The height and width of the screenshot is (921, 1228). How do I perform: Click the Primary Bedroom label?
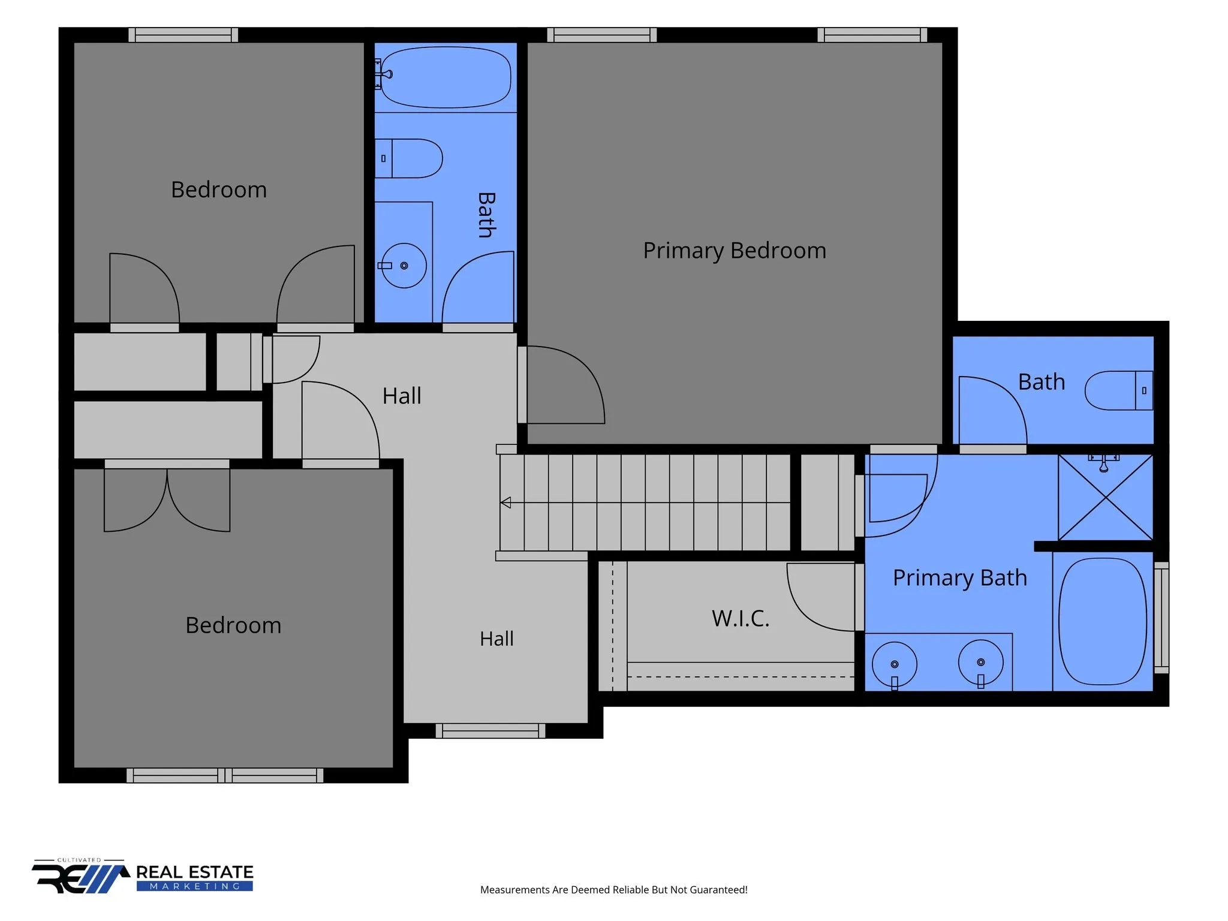(x=735, y=251)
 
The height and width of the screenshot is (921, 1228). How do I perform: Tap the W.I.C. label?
(x=741, y=618)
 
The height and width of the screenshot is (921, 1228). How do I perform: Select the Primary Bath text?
(x=960, y=578)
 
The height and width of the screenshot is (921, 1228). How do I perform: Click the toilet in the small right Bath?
(x=1119, y=390)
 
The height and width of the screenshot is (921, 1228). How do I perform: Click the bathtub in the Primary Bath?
(x=1103, y=621)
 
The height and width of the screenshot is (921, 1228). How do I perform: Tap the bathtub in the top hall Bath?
(x=446, y=77)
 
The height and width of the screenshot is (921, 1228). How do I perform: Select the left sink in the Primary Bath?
(x=895, y=664)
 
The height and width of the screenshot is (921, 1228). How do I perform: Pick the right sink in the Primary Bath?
(x=981, y=663)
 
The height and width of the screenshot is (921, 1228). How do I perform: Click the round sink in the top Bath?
(x=404, y=266)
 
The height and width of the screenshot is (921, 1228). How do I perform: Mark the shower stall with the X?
(x=1106, y=497)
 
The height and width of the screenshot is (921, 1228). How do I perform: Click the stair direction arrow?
(x=505, y=502)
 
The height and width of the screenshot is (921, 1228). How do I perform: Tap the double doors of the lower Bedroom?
(x=167, y=499)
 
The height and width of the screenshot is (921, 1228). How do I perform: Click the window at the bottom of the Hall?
(x=490, y=730)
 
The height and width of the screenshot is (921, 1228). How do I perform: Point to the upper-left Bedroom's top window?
(x=183, y=35)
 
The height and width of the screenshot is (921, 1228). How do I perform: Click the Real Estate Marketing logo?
(x=143, y=876)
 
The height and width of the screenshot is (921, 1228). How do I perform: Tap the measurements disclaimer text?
(x=614, y=890)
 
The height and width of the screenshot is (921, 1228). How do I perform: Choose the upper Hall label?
(x=402, y=396)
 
